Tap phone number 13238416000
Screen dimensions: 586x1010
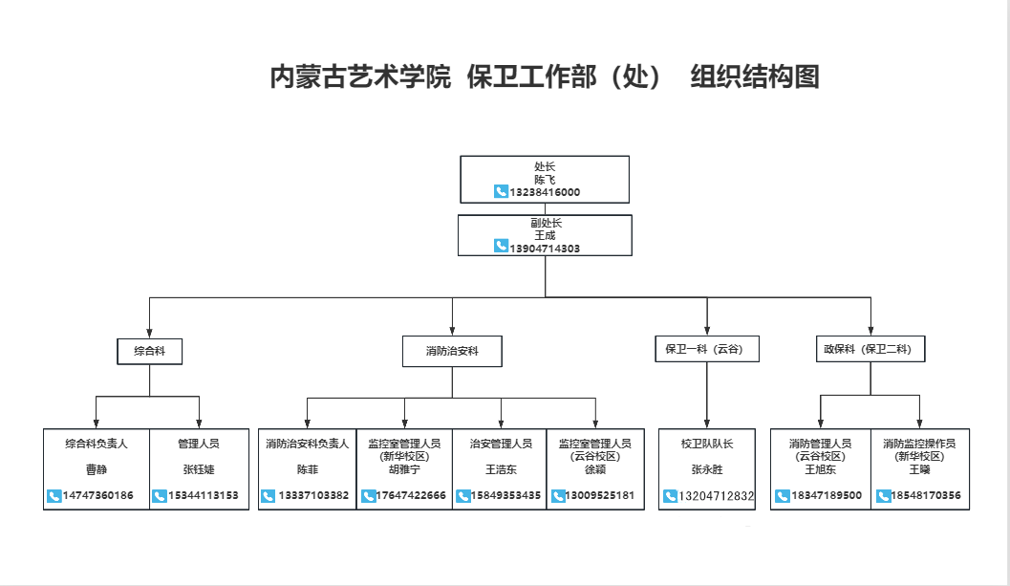pyautogui.click(x=545, y=192)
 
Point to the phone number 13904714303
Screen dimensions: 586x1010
pyautogui.click(x=545, y=248)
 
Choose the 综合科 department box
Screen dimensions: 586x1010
pyautogui.click(x=149, y=351)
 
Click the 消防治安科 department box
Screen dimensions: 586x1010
pyautogui.click(x=452, y=351)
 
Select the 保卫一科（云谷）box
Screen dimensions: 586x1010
pyautogui.click(x=706, y=350)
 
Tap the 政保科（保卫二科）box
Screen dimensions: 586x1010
pyautogui.click(x=870, y=350)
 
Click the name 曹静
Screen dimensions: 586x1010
pyautogui.click(x=97, y=469)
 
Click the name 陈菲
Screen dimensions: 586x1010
pyautogui.click(x=307, y=469)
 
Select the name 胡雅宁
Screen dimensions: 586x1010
pyautogui.click(x=404, y=469)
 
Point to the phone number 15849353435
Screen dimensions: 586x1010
pyautogui.click(x=506, y=496)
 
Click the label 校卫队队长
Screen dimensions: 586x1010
pyautogui.click(x=706, y=444)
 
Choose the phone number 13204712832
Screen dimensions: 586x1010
pyautogui.click(x=716, y=496)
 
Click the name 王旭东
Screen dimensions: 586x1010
pyautogui.click(x=820, y=469)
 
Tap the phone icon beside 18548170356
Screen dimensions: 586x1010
pyautogui.click(x=883, y=496)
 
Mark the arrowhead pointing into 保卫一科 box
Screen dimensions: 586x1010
pyautogui.click(x=707, y=330)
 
